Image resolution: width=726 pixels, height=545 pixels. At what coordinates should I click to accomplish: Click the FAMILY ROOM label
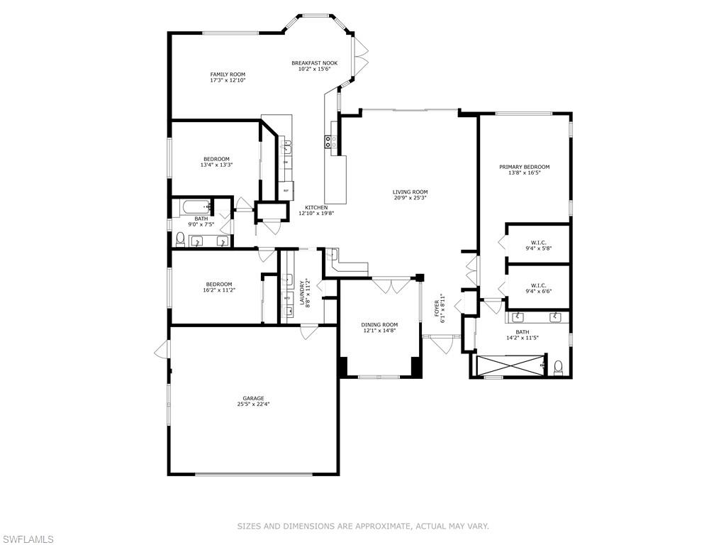point(228,75)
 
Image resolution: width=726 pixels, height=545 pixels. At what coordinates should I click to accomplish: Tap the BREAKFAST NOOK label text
point(314,63)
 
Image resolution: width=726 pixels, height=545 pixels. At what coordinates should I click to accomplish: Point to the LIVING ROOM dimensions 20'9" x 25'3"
point(411,199)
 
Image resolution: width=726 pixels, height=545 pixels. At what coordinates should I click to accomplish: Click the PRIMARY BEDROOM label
point(524,167)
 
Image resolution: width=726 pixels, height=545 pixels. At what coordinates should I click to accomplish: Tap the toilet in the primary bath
point(559,366)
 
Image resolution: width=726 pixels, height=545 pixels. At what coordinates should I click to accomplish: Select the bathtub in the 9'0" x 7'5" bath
point(194,207)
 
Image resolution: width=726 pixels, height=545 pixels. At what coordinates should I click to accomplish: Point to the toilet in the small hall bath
point(180,238)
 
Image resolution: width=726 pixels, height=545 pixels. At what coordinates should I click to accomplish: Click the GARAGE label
point(253,399)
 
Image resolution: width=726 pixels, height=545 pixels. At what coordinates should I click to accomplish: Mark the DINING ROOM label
point(380,325)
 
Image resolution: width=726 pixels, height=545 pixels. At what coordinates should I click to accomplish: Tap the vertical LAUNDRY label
point(302,292)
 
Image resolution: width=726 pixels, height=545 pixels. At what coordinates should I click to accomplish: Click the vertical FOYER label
point(437,309)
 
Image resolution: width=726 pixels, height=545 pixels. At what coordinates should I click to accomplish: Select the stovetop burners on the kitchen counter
point(330,142)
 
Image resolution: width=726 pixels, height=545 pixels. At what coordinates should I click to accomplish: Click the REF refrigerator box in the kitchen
point(286,191)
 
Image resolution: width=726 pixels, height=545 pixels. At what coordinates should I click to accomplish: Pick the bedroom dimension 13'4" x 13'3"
point(217,165)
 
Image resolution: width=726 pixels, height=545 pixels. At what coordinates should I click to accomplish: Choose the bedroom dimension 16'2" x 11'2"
point(219,290)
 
